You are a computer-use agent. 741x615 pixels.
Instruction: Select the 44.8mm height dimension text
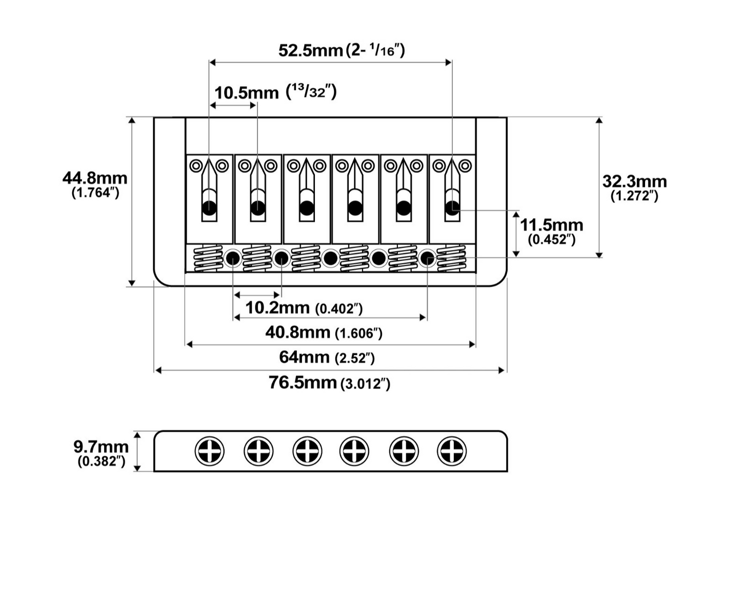pyautogui.click(x=95, y=178)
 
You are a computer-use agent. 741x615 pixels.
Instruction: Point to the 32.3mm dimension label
pyautogui.click(x=634, y=182)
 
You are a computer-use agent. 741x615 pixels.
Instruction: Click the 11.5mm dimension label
pyautogui.click(x=551, y=225)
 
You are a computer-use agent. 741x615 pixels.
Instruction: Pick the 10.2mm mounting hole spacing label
pyautogui.click(x=277, y=307)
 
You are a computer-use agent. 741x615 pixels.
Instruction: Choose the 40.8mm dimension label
pyautogui.click(x=298, y=333)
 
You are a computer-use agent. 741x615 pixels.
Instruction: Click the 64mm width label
pyautogui.click(x=304, y=357)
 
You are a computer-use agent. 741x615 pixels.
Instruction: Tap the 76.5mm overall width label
pyautogui.click(x=303, y=382)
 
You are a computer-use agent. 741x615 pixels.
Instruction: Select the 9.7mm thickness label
pyautogui.click(x=101, y=447)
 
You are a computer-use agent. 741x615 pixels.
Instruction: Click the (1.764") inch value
pyautogui.click(x=95, y=193)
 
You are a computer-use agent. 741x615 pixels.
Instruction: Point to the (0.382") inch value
pyautogui.click(x=102, y=462)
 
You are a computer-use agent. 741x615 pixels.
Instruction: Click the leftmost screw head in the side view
pyautogui.click(x=209, y=451)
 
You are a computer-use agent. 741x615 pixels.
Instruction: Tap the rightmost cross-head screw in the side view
pyautogui.click(x=452, y=451)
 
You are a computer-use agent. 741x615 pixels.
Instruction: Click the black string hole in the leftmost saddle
pyautogui.click(x=209, y=208)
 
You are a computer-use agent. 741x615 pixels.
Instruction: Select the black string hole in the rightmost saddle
pyautogui.click(x=452, y=208)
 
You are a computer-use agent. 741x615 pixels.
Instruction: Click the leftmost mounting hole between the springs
pyautogui.click(x=233, y=258)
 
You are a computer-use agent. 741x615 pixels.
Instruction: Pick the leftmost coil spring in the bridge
pyautogui.click(x=208, y=258)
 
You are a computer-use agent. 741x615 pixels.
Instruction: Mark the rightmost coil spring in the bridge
pyautogui.click(x=451, y=258)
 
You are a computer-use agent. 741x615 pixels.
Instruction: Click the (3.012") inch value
pyautogui.click(x=365, y=384)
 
